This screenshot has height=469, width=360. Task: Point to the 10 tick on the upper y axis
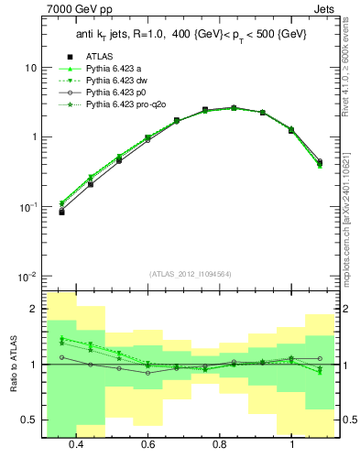pyautogui.click(x=30, y=69)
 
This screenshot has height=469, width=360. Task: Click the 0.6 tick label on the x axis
pyautogui.click(x=147, y=444)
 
